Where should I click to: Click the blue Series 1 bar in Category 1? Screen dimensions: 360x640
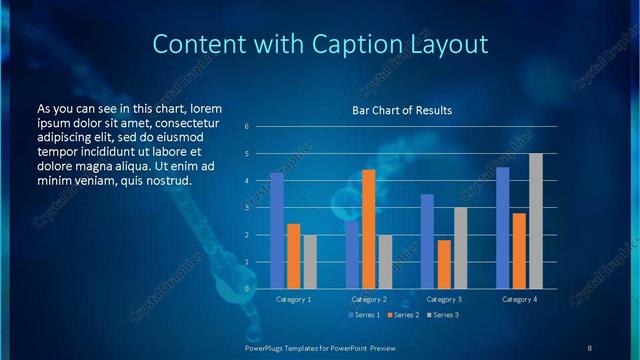click(277, 231)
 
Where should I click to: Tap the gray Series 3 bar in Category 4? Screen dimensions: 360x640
click(536, 221)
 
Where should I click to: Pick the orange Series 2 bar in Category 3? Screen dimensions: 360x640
click(444, 264)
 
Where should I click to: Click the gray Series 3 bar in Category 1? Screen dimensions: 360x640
click(310, 262)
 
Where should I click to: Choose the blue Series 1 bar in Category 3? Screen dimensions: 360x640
click(427, 241)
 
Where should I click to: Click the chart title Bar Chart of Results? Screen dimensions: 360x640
click(401, 110)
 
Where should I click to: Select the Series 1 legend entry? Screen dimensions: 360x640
click(364, 315)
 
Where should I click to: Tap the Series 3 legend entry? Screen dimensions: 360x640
click(443, 315)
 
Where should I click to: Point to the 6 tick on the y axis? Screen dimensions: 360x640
click(246, 127)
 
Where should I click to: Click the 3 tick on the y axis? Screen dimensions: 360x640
click(246, 208)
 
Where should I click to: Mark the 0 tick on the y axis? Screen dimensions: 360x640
click(246, 289)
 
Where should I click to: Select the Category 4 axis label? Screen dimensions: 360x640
click(518, 299)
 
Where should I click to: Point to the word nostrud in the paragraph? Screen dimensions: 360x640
click(167, 180)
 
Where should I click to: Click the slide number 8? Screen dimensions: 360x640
click(590, 347)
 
